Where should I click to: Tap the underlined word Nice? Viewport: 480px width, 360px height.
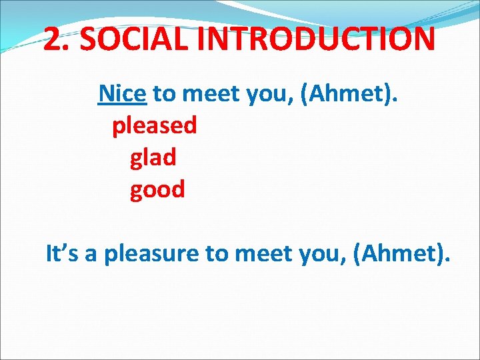click(122, 94)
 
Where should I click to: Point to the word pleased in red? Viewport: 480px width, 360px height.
click(155, 126)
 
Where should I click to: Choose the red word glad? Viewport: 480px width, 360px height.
click(153, 157)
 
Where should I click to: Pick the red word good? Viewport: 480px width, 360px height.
click(157, 190)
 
